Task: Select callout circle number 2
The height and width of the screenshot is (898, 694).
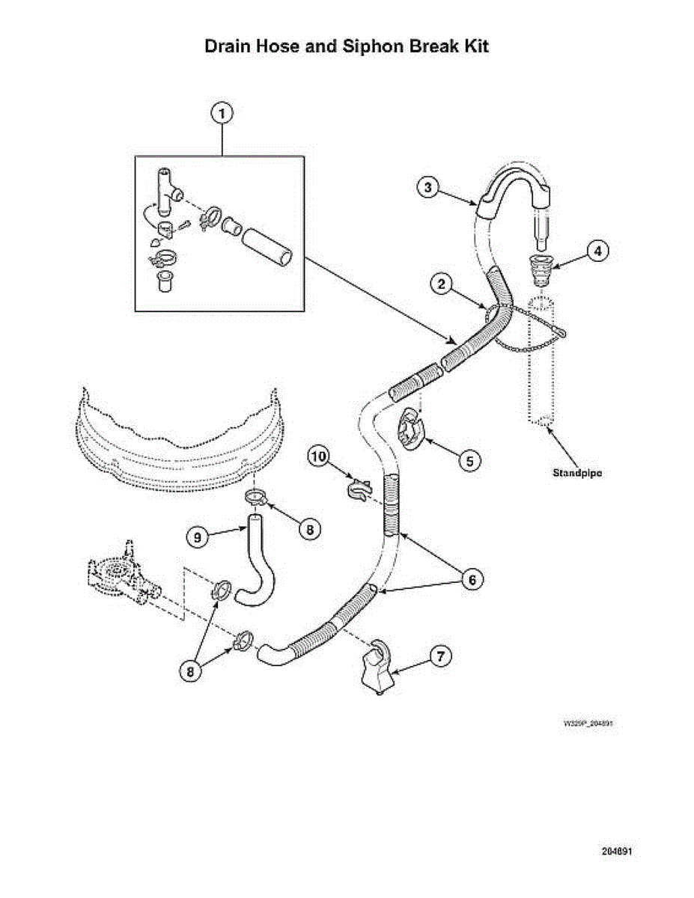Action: coord(442,284)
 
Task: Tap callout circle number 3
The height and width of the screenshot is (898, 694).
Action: coord(427,188)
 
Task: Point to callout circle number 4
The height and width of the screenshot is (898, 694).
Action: coord(597,251)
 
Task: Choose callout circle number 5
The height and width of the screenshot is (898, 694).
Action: coord(469,461)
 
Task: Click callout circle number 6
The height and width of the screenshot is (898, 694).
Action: coord(472,578)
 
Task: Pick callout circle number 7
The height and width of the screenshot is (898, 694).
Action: coord(439,656)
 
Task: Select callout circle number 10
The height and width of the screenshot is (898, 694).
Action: coord(320,455)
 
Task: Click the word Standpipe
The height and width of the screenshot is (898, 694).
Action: coord(578,473)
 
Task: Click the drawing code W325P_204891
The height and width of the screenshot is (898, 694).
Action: coord(589,724)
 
